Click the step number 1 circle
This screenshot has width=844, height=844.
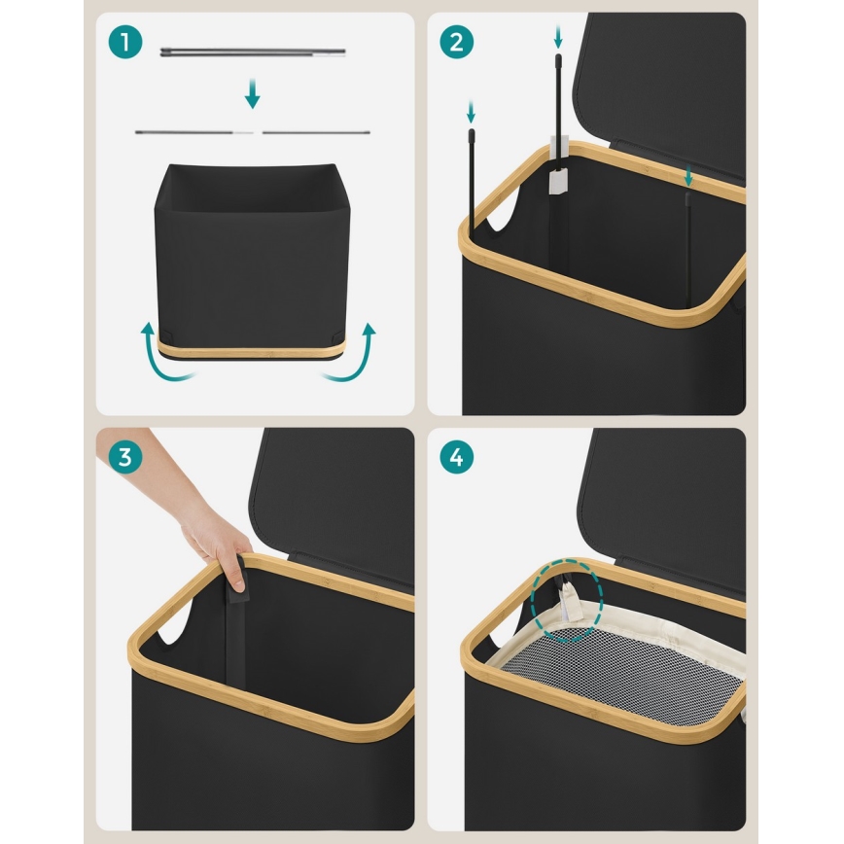pos(125,42)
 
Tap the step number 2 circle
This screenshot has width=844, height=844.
pos(456,42)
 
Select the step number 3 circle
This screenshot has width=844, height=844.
pos(125,458)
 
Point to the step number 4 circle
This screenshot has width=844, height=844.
pos(456,458)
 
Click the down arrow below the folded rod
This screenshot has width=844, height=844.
pos(253,93)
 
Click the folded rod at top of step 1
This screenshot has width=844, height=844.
pos(253,53)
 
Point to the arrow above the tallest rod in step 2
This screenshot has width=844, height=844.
pos(558,37)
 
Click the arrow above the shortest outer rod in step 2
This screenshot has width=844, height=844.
pos(471,112)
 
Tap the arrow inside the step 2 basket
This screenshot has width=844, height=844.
pos(687,176)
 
